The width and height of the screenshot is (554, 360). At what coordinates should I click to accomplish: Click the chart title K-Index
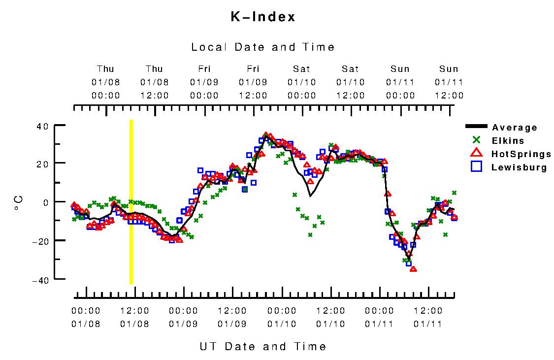click(x=263, y=17)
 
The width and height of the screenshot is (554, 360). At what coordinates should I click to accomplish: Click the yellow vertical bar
click(x=131, y=202)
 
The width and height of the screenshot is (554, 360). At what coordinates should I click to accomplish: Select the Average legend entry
click(x=514, y=128)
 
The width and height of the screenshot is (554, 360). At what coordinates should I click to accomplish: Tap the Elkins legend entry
click(x=508, y=141)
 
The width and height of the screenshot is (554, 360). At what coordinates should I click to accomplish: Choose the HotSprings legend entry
click(x=521, y=154)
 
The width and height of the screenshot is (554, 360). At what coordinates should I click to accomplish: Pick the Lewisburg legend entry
click(x=519, y=167)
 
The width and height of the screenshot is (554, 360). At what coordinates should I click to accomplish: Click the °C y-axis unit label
click(x=18, y=203)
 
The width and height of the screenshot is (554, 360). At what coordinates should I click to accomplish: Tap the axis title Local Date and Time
click(x=263, y=47)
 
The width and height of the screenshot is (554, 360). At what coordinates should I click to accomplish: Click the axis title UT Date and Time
click(x=263, y=347)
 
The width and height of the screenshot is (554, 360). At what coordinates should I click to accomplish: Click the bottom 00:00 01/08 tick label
click(x=86, y=318)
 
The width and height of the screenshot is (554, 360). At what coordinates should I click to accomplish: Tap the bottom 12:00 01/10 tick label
click(x=330, y=318)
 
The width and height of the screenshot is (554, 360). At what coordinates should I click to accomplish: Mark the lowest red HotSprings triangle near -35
click(x=413, y=269)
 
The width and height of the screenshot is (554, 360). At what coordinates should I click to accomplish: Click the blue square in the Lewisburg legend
click(x=476, y=167)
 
